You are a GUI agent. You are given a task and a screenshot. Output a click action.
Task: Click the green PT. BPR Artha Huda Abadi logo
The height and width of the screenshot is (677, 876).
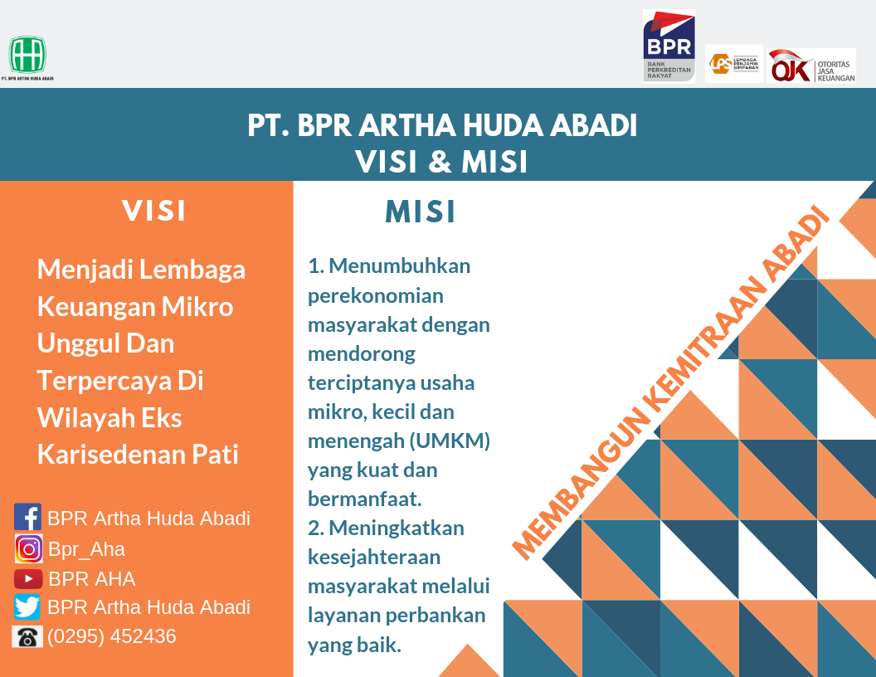[27, 55]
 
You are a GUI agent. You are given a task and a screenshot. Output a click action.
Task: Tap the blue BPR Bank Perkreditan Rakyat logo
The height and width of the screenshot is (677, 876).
[669, 46]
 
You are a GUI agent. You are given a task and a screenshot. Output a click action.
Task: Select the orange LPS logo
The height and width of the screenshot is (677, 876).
[733, 64]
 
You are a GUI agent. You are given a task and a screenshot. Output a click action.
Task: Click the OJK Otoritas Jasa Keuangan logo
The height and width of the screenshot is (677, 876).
[811, 66]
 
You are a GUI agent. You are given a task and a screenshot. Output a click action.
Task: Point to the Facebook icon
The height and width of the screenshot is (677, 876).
[27, 517]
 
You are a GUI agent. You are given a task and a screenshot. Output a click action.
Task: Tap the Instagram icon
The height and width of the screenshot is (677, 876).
[28, 548]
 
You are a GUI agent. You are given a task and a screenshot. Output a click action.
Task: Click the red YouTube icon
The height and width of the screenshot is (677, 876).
[28, 579]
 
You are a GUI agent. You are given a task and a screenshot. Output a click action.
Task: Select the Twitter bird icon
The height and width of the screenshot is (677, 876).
[27, 607]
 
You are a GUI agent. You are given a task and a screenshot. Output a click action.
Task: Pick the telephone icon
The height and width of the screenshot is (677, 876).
[27, 637]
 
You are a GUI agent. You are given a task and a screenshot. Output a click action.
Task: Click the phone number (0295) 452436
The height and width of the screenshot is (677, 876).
[112, 636]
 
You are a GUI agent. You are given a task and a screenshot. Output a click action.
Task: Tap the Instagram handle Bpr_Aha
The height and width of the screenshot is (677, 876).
[86, 549]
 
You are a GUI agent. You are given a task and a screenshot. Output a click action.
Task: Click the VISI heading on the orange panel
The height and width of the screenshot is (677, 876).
[153, 211]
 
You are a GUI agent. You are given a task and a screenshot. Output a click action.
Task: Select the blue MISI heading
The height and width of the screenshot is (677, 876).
[420, 212]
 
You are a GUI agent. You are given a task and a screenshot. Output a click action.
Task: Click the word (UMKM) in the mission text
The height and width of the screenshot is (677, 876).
[450, 441]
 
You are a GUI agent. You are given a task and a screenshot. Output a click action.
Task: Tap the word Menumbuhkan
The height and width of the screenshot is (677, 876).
[400, 265]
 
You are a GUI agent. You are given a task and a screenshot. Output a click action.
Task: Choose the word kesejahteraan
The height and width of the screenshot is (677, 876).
[374, 557]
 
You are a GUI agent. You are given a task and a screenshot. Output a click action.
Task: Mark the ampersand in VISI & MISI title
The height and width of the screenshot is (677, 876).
[440, 162]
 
